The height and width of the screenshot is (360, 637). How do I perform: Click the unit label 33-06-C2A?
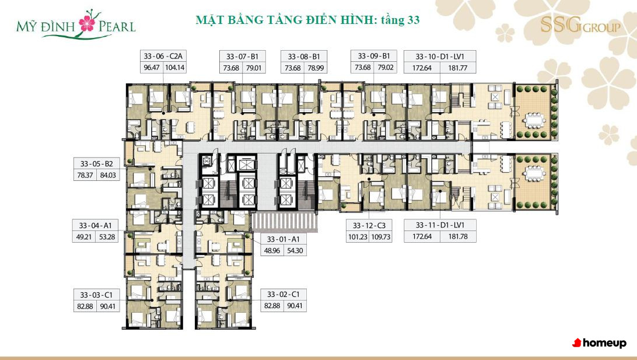(x=163, y=57)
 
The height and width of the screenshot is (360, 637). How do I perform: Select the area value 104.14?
(x=174, y=68)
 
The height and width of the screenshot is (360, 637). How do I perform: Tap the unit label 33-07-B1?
(x=242, y=57)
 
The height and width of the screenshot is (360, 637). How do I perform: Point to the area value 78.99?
(x=315, y=68)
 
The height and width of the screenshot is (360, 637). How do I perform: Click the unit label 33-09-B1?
(x=374, y=56)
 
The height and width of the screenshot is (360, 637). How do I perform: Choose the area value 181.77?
(x=457, y=68)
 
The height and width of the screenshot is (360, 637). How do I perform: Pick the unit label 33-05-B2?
(x=96, y=164)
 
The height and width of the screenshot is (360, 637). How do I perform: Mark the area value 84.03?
(x=108, y=175)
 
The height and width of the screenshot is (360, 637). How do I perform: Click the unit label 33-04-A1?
(x=95, y=225)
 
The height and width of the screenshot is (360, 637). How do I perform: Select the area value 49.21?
(x=83, y=237)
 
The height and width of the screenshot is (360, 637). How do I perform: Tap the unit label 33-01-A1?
(x=283, y=239)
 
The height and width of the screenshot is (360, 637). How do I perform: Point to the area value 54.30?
(x=295, y=251)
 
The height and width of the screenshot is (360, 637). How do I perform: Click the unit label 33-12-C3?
(x=369, y=225)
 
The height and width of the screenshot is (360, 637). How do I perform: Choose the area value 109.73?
(x=381, y=237)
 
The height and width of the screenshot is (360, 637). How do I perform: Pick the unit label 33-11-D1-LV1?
(x=440, y=225)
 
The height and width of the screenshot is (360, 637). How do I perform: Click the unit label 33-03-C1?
(x=96, y=295)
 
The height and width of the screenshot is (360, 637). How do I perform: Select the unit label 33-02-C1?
(x=283, y=294)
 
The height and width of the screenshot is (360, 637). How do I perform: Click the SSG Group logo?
(x=580, y=26)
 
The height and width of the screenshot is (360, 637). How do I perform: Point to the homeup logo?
(x=599, y=343)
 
